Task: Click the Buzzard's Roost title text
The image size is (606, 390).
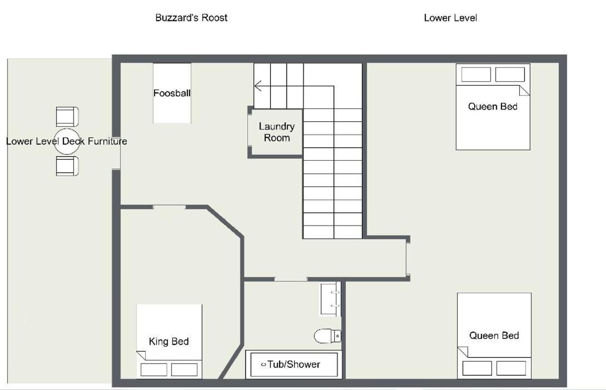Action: [x=191, y=18]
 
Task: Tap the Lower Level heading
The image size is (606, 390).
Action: [x=450, y=18]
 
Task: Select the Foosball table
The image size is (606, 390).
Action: [x=172, y=93]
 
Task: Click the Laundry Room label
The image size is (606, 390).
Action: [x=277, y=132]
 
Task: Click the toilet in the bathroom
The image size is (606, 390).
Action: [x=327, y=336]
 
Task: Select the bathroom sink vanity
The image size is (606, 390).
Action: [x=330, y=299]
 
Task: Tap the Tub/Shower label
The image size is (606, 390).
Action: [x=294, y=364]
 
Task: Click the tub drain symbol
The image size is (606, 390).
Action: [x=264, y=364]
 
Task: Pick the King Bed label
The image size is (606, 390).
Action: [x=169, y=341]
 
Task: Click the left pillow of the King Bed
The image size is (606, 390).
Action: [x=154, y=369]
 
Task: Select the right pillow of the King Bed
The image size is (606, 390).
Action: [x=185, y=369]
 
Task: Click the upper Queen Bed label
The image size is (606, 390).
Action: [x=493, y=106]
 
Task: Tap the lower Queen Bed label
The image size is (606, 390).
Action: [x=494, y=335]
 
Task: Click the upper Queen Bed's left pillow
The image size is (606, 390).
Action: [x=476, y=75]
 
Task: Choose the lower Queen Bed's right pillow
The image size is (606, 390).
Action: [x=511, y=368]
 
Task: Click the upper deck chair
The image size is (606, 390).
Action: [x=67, y=117]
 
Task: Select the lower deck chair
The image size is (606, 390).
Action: [x=67, y=166]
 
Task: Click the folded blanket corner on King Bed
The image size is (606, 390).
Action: [x=141, y=355]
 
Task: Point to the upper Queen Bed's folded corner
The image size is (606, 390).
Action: [x=524, y=91]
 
